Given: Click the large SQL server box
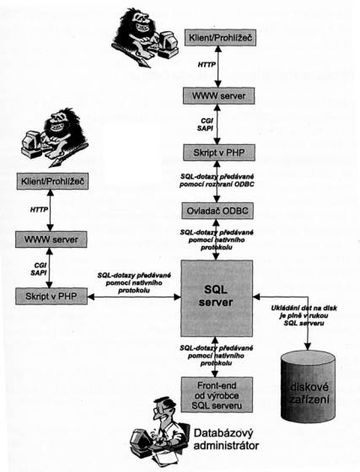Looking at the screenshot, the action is [217, 298].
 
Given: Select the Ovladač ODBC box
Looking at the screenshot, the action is [218, 211].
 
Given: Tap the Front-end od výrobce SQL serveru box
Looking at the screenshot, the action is [217, 395].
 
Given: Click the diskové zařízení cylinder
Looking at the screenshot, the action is [308, 386].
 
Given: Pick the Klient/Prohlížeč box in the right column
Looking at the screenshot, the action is [220, 38].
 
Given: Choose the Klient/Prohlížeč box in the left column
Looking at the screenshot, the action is [52, 181].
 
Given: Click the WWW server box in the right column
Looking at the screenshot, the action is [219, 96].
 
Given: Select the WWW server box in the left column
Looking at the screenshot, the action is [51, 239].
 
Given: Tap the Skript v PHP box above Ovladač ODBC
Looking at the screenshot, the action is [219, 153].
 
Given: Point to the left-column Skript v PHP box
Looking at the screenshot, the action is [51, 296].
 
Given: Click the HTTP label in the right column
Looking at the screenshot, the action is [207, 65].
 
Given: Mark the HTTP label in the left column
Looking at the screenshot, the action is [39, 209].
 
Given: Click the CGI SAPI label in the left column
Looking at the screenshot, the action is [39, 269].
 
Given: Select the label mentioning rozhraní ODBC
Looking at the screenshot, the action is [217, 180].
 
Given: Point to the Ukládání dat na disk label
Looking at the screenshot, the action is [304, 315].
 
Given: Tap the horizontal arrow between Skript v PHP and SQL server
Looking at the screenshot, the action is [134, 297].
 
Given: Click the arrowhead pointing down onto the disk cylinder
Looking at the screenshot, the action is [308, 346].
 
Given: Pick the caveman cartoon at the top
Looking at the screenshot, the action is [144, 38].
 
